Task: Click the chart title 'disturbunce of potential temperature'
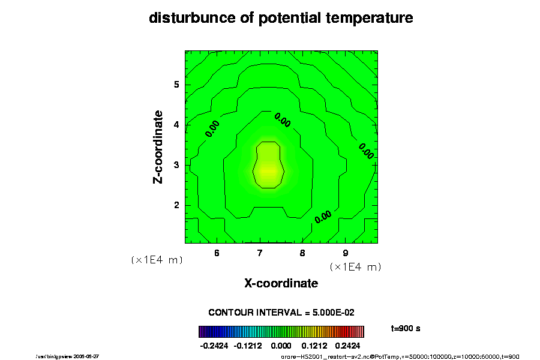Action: tap(281, 18)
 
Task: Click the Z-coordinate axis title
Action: tap(158, 147)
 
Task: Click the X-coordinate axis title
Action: tap(281, 283)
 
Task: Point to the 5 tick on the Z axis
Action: tap(177, 85)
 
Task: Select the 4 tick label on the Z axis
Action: tap(177, 125)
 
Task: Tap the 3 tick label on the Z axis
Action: tap(177, 165)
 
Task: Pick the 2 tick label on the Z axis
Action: tap(177, 205)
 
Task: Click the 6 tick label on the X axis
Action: tap(217, 253)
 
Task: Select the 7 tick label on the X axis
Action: tap(260, 253)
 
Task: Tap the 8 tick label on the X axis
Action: tap(302, 253)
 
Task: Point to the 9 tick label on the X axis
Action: tap(346, 253)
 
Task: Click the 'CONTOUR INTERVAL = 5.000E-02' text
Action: tap(281, 313)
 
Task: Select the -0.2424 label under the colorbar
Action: tap(214, 346)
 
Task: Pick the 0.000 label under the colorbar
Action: tap(281, 346)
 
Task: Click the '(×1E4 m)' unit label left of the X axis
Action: tap(157, 260)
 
